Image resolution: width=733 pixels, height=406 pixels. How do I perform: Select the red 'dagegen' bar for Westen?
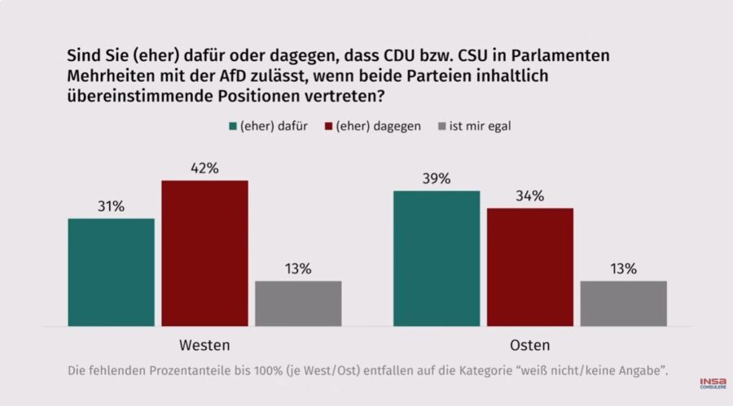(x=204, y=253)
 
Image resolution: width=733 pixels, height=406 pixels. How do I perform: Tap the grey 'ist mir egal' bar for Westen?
(x=298, y=303)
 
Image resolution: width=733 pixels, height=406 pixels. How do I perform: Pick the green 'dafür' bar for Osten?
(x=437, y=259)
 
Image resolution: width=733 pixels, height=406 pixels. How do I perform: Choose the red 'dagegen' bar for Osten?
(x=530, y=267)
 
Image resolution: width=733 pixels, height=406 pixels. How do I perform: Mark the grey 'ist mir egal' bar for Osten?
(x=624, y=303)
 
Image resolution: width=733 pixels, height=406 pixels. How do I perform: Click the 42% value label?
(x=204, y=168)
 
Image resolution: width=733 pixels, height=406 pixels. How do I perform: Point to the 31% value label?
(x=111, y=207)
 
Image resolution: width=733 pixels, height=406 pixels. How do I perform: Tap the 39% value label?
(x=437, y=179)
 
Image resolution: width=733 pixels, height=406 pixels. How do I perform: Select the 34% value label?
(x=530, y=196)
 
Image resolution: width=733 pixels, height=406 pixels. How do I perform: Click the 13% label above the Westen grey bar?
(x=298, y=269)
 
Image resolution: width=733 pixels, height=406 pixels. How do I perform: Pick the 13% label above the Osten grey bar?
(x=624, y=269)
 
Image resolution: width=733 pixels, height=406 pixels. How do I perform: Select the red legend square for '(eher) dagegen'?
(x=329, y=127)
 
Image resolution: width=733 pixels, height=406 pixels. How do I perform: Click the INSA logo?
(x=713, y=383)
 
